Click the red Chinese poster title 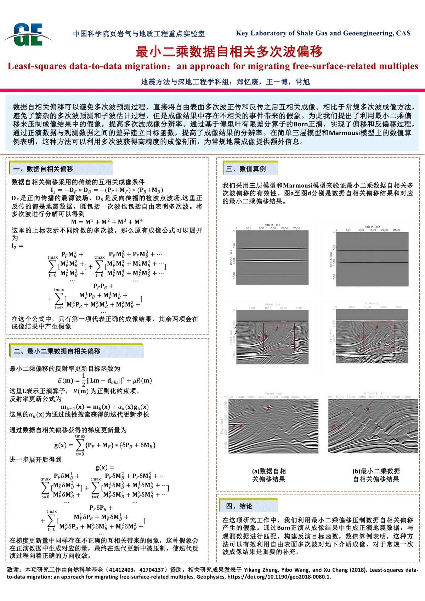pyautogui.click(x=229, y=52)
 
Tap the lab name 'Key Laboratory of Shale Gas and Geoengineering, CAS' pyautogui.click(x=323, y=33)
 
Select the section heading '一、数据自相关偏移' pyautogui.click(x=43, y=169)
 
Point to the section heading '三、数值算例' pyautogui.click(x=246, y=169)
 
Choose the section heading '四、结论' pyautogui.click(x=239, y=506)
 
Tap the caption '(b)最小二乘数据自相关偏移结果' pyautogui.click(x=376, y=475)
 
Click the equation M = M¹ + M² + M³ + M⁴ pyautogui.click(x=107, y=222)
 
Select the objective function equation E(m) pyautogui.click(x=105, y=380)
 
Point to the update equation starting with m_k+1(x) pyautogui.click(x=105, y=407)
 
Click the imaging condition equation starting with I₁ pyautogui.click(x=107, y=190)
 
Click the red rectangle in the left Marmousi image pyautogui.click(x=279, y=337)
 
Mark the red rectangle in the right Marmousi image pyautogui.click(x=378, y=336)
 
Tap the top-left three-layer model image pyautogui.click(x=272, y=258)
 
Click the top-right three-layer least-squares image pyautogui.click(x=372, y=259)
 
